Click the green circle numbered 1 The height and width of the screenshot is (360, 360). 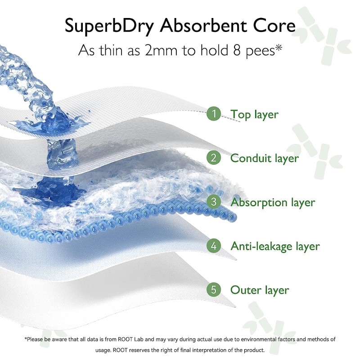[x=214, y=114]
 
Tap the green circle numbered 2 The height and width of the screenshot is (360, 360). [x=214, y=158]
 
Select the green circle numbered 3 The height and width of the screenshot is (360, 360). [x=214, y=202]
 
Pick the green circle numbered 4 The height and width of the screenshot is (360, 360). [x=214, y=246]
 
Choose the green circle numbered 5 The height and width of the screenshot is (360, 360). [x=214, y=290]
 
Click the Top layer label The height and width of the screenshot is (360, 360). [x=254, y=114]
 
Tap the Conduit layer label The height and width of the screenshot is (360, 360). [x=264, y=158]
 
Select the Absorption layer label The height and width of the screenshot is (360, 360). [x=273, y=202]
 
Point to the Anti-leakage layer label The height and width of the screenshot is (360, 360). [x=275, y=247]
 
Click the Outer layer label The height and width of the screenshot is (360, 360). [x=260, y=290]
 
